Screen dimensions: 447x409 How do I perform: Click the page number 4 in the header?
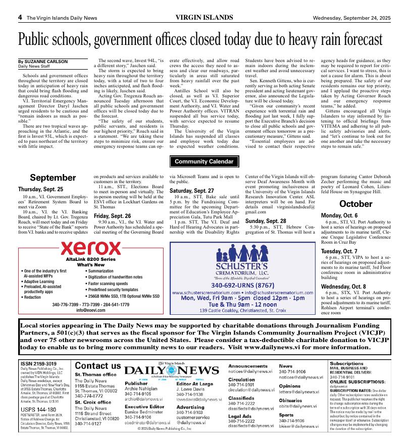(x=20, y=18)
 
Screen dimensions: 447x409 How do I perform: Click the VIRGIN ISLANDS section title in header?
(x=205, y=18)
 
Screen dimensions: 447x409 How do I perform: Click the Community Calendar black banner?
(x=205, y=161)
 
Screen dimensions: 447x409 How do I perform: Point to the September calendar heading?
(x=53, y=178)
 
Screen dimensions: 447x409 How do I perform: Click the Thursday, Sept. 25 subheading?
(x=41, y=189)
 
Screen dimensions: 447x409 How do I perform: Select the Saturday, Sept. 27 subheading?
(x=191, y=191)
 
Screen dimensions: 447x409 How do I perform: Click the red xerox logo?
(x=91, y=248)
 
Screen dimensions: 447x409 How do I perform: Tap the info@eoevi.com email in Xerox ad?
(x=91, y=310)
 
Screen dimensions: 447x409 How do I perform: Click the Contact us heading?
(x=98, y=366)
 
